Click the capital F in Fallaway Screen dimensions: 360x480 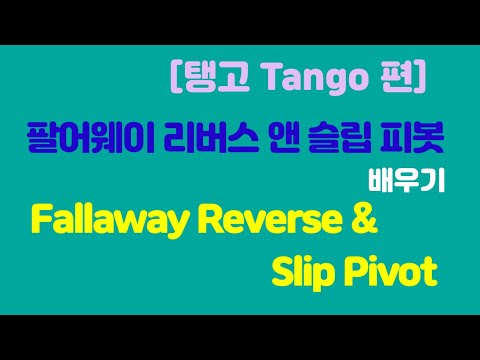(43, 221)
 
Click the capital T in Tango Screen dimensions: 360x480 (255, 76)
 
